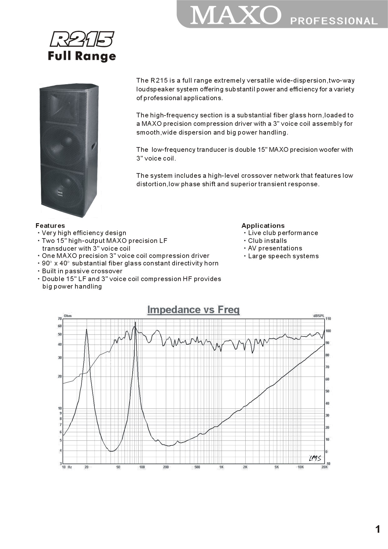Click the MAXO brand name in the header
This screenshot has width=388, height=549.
pyautogui.click(x=236, y=15)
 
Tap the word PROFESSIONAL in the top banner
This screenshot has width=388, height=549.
pyautogui.click(x=334, y=21)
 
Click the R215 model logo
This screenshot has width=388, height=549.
pyautogui.click(x=82, y=39)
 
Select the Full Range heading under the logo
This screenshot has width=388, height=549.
pyautogui.click(x=82, y=56)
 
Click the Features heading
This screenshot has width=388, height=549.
pyautogui.click(x=50, y=226)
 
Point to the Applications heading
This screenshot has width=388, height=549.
pyautogui.click(x=263, y=226)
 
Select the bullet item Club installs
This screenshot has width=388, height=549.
pyautogui.click(x=267, y=241)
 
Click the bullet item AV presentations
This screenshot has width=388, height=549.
pyautogui.click(x=275, y=248)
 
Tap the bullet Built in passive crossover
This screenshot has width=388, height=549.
pyautogui.click(x=82, y=271)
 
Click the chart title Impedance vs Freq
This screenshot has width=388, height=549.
pyautogui.click(x=193, y=310)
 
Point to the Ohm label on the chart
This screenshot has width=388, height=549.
pyautogui.click(x=68, y=316)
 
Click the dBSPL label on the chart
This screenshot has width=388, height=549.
pyautogui.click(x=319, y=316)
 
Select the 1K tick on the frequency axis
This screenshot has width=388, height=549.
pyautogui.click(x=221, y=467)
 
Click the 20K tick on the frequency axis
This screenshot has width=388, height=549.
pyautogui.click(x=324, y=467)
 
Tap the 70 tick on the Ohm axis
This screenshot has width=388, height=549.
pyautogui.click(x=60, y=319)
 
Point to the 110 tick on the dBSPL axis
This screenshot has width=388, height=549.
pyautogui.click(x=328, y=319)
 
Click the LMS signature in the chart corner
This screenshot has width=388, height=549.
pyautogui.click(x=315, y=458)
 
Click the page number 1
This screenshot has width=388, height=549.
pyautogui.click(x=378, y=529)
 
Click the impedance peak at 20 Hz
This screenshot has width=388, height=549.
pyautogui.click(x=86, y=330)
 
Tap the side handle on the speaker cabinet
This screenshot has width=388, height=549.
pyautogui.click(x=94, y=146)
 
